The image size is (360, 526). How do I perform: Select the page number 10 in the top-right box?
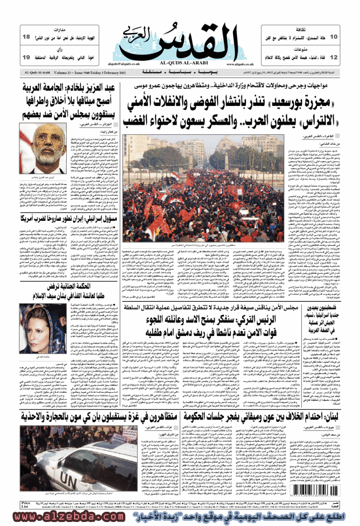(333, 37)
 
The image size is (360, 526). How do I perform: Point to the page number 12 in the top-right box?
(333, 57)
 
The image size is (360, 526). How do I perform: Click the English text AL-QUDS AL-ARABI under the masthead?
(182, 61)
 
